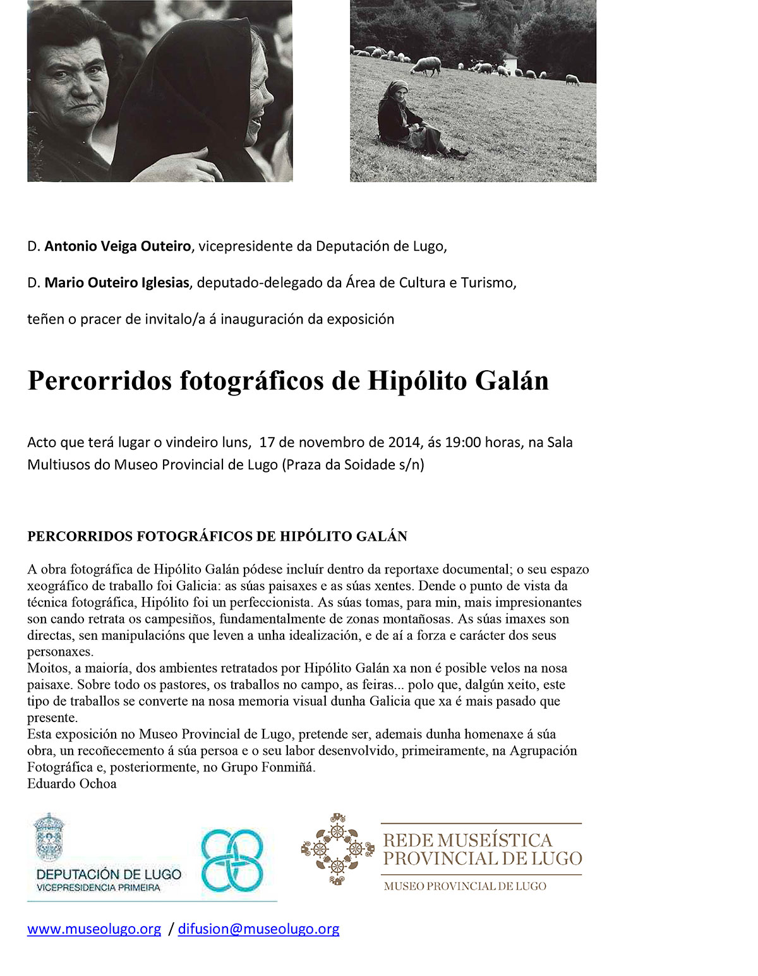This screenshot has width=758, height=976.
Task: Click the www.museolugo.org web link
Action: point(94,929)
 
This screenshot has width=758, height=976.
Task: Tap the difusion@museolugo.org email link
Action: point(258,929)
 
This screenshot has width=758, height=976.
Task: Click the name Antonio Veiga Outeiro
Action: point(117,246)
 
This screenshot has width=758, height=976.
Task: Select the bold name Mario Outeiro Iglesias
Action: point(117,283)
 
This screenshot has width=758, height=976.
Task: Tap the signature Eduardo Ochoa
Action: point(71,784)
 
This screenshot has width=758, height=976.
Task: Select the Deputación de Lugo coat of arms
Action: point(49,837)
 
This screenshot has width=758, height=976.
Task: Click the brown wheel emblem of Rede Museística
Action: point(337,849)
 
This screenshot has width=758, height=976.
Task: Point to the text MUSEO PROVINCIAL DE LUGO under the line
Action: point(465,886)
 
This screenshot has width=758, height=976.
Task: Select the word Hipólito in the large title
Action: point(417,381)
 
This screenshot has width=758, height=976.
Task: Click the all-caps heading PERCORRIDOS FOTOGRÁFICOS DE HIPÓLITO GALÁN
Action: point(217,536)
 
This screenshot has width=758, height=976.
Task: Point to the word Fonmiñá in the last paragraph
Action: point(289,768)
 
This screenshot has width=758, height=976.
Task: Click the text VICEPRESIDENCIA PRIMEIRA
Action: point(99,888)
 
